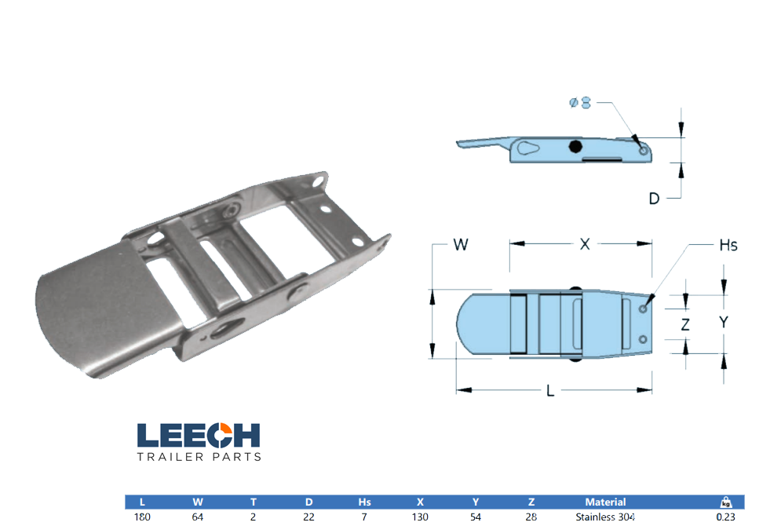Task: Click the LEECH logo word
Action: click(198, 436)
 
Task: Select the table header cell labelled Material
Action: click(605, 502)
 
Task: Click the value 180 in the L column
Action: click(142, 517)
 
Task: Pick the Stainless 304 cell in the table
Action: click(605, 517)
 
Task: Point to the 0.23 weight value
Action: click(727, 517)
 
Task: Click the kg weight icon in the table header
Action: click(727, 502)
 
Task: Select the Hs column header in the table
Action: click(364, 502)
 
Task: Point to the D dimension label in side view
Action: click(653, 199)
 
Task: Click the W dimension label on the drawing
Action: click(461, 245)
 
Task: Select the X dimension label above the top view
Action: click(584, 245)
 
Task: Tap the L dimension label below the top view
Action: click(550, 390)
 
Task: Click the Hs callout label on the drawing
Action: click(728, 246)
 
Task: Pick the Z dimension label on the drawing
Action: click(685, 323)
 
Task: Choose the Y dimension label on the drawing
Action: click(724, 322)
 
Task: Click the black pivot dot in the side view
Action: click(575, 146)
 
